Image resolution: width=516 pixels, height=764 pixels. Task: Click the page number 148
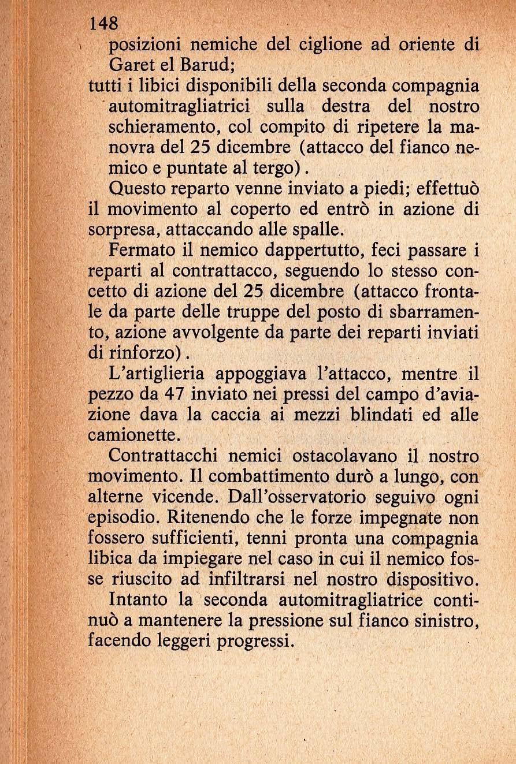click(104, 23)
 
